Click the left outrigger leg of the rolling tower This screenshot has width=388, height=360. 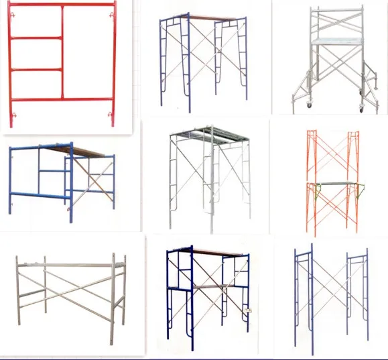click(298, 91)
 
